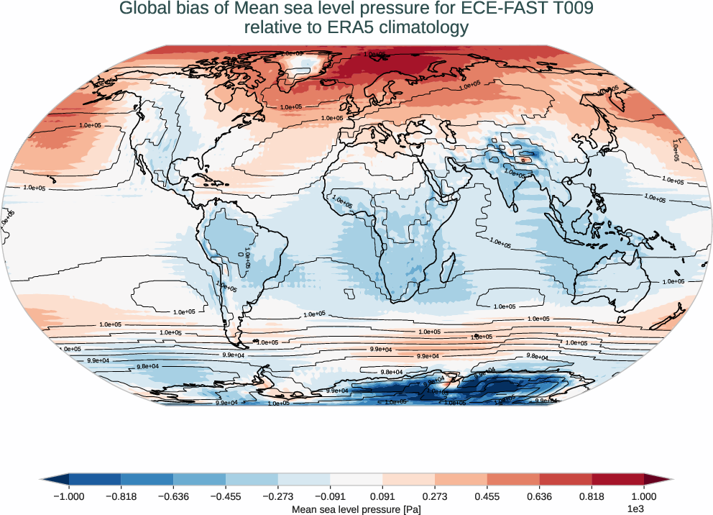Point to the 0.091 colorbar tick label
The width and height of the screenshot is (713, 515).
382,496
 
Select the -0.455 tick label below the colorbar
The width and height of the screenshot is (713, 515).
226,496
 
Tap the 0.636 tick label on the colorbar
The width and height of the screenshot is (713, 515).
539,496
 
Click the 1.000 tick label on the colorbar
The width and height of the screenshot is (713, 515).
644,496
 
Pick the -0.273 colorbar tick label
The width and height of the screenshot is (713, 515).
278,496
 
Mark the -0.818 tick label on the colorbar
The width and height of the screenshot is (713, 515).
121,496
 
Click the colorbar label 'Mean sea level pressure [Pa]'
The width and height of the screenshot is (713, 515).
356,509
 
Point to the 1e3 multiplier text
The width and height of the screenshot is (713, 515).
635,509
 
